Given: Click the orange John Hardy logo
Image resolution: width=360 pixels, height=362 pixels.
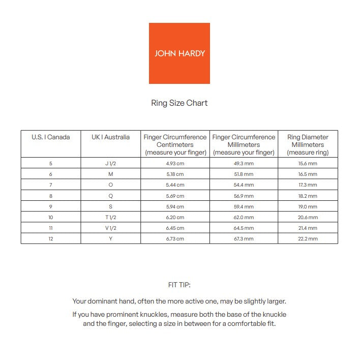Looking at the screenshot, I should [179, 53].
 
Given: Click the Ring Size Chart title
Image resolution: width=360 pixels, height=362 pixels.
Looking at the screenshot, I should [179, 103].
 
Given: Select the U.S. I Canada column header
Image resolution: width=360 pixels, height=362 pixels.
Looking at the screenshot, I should [50, 137].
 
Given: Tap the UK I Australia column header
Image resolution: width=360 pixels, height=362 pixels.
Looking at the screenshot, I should [110, 137].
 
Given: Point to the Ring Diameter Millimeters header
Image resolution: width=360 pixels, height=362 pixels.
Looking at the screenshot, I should [308, 144].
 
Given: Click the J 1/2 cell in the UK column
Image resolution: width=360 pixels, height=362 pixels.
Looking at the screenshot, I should [110, 164].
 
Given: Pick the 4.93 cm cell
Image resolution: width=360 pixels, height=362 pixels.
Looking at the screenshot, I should [175, 164].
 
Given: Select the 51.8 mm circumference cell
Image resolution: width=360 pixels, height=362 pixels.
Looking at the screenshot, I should [244, 174].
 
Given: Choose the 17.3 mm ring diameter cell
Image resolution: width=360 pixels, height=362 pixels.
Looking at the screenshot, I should [308, 185].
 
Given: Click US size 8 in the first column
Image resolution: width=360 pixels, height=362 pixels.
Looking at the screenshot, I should [50, 196].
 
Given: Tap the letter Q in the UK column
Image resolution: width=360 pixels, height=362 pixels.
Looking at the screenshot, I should [110, 196].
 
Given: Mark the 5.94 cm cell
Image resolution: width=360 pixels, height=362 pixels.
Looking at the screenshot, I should [175, 207].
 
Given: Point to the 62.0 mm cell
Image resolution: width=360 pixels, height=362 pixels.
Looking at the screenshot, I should [244, 218].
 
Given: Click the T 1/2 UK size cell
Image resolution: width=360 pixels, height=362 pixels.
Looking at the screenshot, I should [110, 218].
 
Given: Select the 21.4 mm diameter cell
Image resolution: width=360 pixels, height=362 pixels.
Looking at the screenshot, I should [308, 228].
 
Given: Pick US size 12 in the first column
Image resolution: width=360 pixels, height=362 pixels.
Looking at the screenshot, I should [50, 239].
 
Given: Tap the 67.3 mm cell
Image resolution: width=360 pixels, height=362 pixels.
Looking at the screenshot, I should [244, 239].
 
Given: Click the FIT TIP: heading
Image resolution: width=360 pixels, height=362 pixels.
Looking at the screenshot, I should [179, 285].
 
